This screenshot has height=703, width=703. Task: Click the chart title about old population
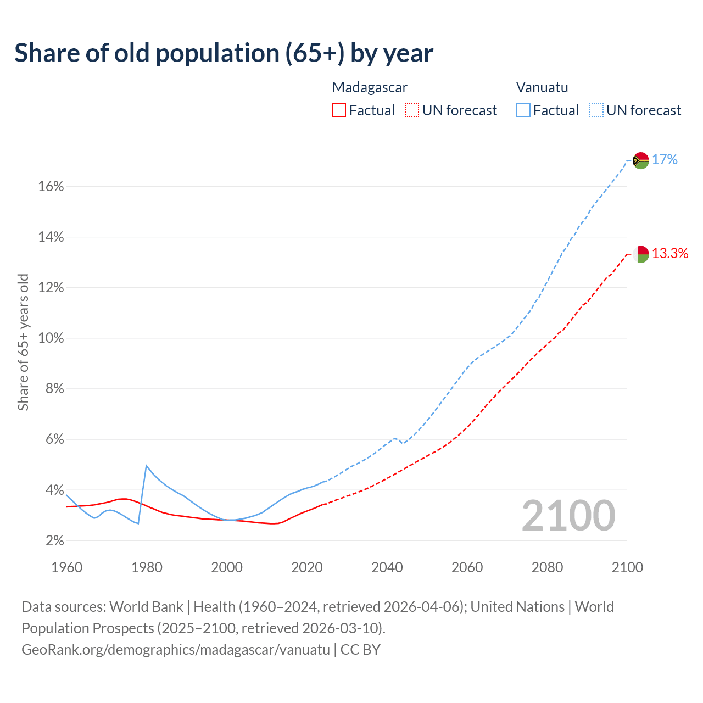coord(224,53)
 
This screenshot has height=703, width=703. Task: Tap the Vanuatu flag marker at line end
coord(641,160)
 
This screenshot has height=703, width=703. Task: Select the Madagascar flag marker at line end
coord(641,254)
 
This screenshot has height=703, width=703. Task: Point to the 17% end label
coord(665,160)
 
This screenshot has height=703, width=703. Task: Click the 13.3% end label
coord(670,253)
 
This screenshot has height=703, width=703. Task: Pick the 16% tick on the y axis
coord(51,187)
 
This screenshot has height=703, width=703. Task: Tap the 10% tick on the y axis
coord(51,338)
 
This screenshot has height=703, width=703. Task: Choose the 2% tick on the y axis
coord(54,541)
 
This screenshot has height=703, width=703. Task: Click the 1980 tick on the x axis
coord(147,567)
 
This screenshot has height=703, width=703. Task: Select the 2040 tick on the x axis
coord(387,567)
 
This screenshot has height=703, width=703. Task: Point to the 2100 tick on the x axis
coord(627,567)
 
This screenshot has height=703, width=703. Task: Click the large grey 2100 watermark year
coord(568,516)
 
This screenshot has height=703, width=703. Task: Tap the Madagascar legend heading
coord(370,87)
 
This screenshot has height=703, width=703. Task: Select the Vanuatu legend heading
coord(542,87)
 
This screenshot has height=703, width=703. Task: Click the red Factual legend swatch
coord(339,110)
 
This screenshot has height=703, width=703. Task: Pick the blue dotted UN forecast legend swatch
coord(596,110)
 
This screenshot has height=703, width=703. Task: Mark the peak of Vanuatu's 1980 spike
coord(146,466)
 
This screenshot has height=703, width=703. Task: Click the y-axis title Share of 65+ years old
coord(23,342)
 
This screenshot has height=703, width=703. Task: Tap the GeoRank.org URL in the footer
coord(176,650)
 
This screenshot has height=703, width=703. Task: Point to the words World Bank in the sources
coord(146,607)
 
